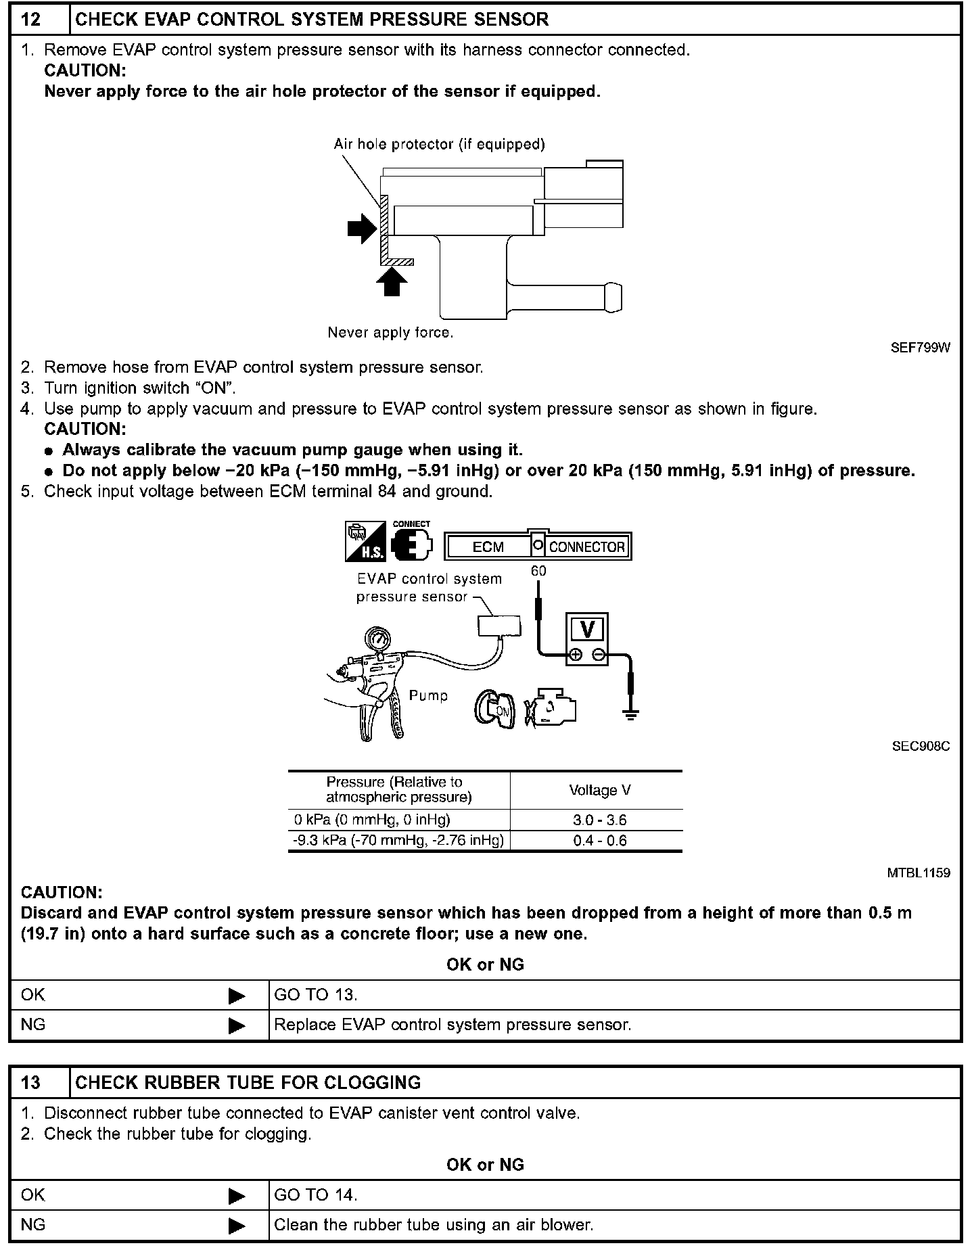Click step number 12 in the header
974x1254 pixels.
(x=31, y=19)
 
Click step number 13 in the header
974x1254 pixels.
(x=31, y=1082)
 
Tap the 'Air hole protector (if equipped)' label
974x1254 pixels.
(x=439, y=144)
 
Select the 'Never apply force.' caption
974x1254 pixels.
(x=390, y=333)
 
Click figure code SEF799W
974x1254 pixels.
(x=920, y=348)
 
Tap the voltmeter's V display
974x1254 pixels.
(x=586, y=630)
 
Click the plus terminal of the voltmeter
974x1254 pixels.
(x=576, y=655)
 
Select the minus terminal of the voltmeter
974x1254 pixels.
(x=598, y=655)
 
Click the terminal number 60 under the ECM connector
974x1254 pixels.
(x=538, y=572)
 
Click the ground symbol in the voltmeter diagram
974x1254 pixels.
(x=630, y=714)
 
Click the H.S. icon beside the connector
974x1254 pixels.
(x=365, y=541)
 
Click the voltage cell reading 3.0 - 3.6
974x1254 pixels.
(x=599, y=820)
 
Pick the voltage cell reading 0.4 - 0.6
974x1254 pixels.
(x=599, y=841)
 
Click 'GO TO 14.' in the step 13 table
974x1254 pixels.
(x=316, y=1195)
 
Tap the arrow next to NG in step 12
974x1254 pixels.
(x=237, y=1025)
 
